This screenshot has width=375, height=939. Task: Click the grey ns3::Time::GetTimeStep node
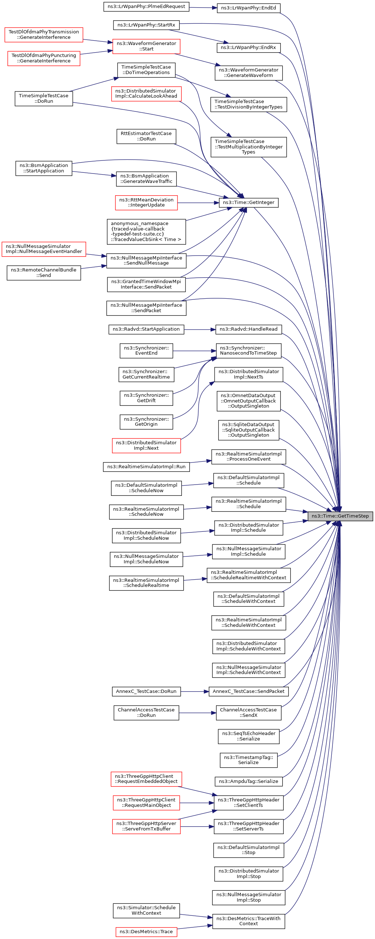coord(340,516)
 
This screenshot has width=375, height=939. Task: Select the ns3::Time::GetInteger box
coord(248,202)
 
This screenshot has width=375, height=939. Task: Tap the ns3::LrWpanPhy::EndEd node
coord(248,8)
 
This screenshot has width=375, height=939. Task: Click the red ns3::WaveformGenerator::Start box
coord(146,46)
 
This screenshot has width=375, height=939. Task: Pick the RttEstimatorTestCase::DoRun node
coord(146,136)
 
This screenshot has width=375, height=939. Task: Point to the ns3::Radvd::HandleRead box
coord(248,329)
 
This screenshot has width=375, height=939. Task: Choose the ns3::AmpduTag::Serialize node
coord(248,781)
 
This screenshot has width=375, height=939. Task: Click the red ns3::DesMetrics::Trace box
coord(146,931)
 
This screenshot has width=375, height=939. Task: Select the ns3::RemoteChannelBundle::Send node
coord(44,273)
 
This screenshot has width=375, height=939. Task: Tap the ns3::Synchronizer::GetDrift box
coord(146,398)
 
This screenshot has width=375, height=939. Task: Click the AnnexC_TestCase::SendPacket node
coord(248,691)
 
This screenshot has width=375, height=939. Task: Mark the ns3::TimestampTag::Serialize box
coord(248,760)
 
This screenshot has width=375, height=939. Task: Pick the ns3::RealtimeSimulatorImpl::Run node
coord(146,466)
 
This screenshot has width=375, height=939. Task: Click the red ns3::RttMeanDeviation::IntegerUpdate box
coord(146,202)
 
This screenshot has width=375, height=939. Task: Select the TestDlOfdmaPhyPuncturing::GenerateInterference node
coord(44,58)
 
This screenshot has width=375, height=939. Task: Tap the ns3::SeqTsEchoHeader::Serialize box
coord(248,736)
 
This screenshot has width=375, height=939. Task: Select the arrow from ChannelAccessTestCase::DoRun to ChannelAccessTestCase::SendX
coord(198,713)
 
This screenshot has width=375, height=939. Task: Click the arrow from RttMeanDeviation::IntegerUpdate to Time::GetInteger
coord(198,203)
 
